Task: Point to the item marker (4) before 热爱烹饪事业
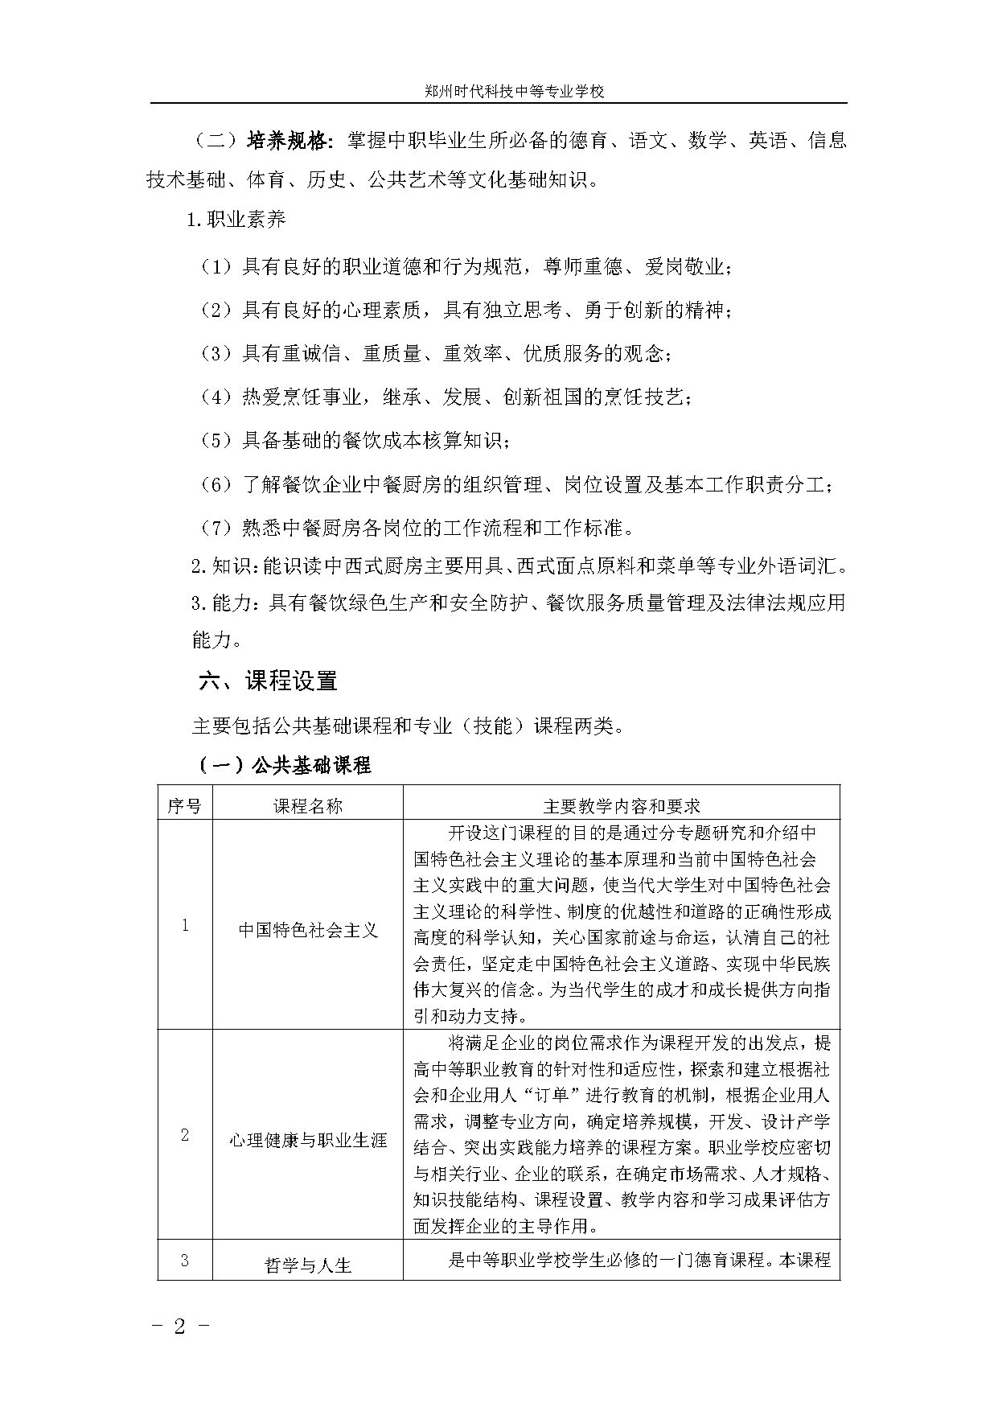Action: click(216, 397)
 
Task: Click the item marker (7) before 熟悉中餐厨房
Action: click(216, 528)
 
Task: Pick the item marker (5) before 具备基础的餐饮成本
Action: click(216, 440)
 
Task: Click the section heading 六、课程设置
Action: click(268, 681)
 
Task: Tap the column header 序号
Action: click(185, 805)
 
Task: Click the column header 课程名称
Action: click(308, 805)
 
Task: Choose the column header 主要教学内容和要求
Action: click(622, 805)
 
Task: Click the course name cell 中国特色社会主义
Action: click(308, 931)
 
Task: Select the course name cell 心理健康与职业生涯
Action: click(308, 1140)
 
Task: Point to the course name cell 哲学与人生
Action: click(308, 1265)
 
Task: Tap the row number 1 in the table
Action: click(185, 925)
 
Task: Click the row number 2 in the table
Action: click(185, 1135)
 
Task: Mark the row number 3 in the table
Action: click(185, 1260)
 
